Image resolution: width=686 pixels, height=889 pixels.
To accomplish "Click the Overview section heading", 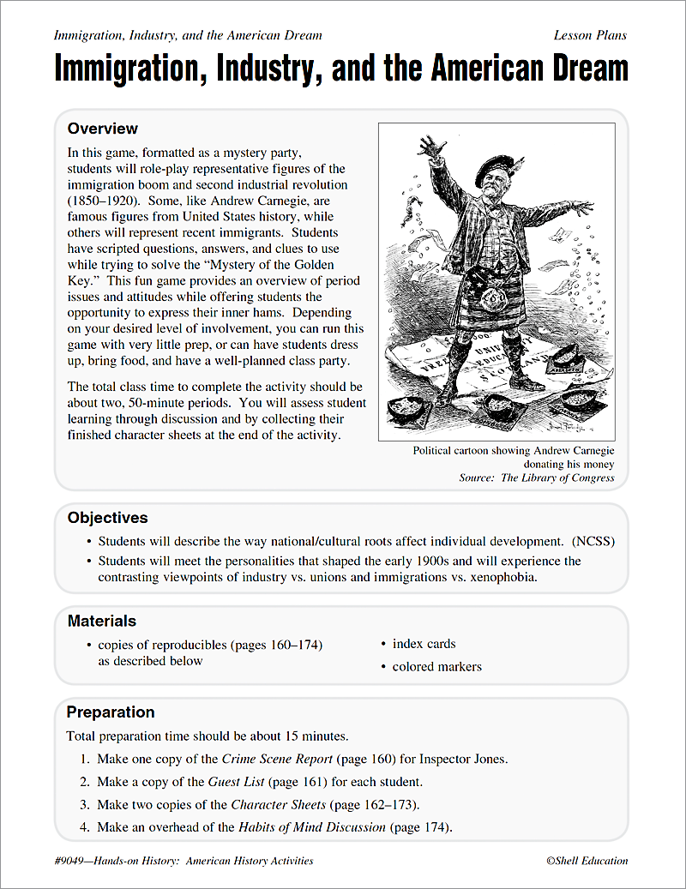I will [102, 129].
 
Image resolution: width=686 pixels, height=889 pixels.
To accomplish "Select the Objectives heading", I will [107, 518].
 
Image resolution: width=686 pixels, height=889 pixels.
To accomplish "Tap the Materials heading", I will [101, 621].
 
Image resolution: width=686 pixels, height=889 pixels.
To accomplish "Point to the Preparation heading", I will [111, 712].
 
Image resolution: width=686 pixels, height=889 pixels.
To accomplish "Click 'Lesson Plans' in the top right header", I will [590, 35].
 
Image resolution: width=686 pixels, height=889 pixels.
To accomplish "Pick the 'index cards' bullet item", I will [424, 644].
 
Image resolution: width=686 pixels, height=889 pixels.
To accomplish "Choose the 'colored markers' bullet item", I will [436, 667].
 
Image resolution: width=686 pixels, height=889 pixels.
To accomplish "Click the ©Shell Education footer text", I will [586, 861].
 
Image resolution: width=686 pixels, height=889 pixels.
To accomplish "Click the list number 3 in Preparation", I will [84, 805].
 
